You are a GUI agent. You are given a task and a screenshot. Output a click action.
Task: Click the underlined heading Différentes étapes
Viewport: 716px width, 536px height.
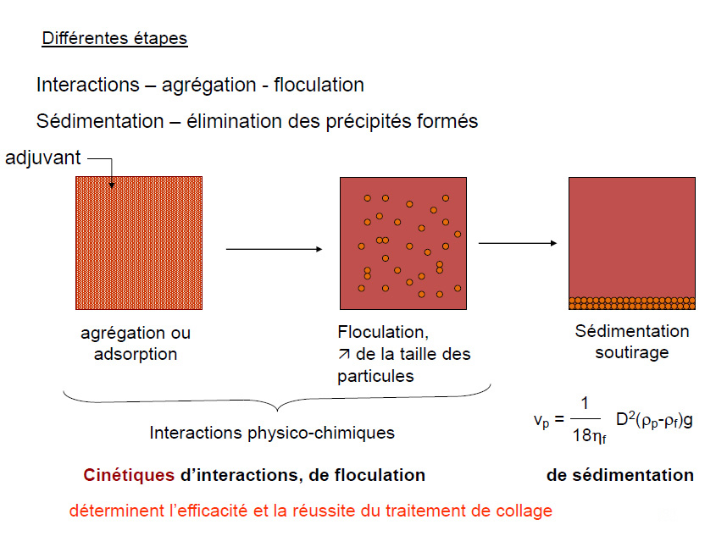114,39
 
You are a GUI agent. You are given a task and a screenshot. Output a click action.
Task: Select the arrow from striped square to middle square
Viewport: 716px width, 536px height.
275,249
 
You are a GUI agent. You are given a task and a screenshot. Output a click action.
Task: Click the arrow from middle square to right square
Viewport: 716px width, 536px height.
517,243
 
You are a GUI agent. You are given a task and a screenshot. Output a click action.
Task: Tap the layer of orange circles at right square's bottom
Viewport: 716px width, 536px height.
631,302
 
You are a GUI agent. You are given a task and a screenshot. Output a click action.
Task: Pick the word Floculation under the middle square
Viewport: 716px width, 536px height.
377,331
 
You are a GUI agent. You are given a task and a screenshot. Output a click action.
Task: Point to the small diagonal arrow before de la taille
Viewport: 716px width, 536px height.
343,354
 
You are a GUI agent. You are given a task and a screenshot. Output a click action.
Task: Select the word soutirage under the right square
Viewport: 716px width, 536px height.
632,352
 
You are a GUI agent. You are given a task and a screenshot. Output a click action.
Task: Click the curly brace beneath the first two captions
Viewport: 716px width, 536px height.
277,399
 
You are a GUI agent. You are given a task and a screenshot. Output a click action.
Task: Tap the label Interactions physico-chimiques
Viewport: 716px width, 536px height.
272,433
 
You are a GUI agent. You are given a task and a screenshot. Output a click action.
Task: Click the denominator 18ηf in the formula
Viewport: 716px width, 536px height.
590,438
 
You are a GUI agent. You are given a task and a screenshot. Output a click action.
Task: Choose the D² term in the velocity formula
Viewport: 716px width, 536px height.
627,418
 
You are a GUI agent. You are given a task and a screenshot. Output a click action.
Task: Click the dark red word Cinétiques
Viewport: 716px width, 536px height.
130,475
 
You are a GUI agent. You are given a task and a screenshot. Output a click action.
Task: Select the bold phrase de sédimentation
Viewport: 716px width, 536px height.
620,475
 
